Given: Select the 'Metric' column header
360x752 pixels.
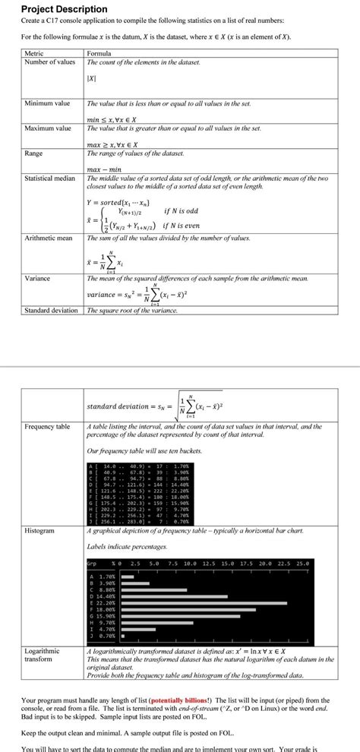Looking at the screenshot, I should click(x=34, y=53).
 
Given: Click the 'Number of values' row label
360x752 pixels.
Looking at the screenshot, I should click(x=50, y=62).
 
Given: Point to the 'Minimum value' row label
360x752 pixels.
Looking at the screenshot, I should click(x=47, y=103).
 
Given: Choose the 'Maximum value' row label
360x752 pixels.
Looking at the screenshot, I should click(x=48, y=128).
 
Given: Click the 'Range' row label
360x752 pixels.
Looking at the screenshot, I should click(x=33, y=153).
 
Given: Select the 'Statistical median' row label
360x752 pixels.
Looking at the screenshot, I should click(x=50, y=179).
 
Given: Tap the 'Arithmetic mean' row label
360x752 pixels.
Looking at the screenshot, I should click(x=49, y=238).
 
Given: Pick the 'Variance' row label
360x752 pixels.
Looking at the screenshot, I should click(x=38, y=279).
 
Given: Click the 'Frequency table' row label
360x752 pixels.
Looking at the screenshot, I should click(x=47, y=427).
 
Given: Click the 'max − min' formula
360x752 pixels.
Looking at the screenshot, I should click(x=106, y=169).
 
